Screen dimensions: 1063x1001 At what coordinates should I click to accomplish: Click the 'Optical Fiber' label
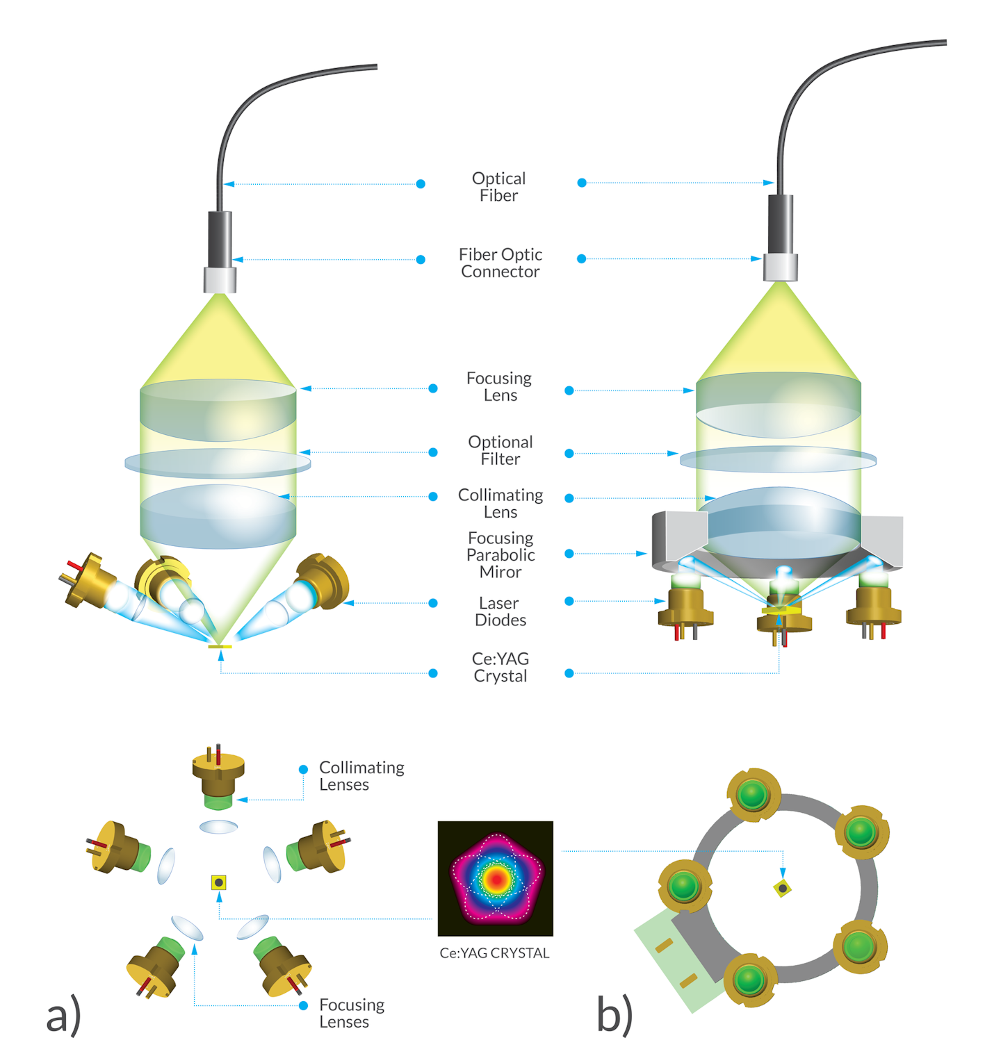pyautogui.click(x=498, y=187)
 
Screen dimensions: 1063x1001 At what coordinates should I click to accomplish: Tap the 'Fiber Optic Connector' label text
pyautogui.click(x=500, y=263)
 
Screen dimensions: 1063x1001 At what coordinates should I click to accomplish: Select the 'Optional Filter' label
pyautogui.click(x=500, y=450)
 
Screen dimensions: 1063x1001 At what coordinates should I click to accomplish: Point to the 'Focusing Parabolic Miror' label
pyautogui.click(x=500, y=554)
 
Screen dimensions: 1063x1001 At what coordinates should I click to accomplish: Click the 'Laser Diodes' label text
pyautogui.click(x=500, y=611)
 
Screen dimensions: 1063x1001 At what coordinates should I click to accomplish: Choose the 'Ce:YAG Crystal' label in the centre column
pyautogui.click(x=500, y=667)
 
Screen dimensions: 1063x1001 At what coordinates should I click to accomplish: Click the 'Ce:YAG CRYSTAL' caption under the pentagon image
pyautogui.click(x=494, y=953)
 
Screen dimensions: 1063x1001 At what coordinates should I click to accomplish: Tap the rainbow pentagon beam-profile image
pyautogui.click(x=495, y=878)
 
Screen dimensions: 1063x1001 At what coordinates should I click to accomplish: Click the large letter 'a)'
pyautogui.click(x=63, y=1015)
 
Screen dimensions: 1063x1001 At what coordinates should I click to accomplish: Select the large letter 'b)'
pyautogui.click(x=615, y=1014)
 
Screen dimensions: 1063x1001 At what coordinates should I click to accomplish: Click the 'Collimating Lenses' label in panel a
pyautogui.click(x=361, y=776)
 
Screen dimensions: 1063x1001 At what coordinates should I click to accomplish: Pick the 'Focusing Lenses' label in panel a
pyautogui.click(x=351, y=1013)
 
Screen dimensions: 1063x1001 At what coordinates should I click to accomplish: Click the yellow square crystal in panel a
pyautogui.click(x=219, y=882)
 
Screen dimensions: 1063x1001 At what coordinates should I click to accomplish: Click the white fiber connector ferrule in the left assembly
pyautogui.click(x=220, y=280)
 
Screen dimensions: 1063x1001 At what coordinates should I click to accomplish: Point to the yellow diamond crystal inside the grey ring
pyautogui.click(x=783, y=888)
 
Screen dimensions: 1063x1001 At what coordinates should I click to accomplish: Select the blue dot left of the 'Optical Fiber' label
pyautogui.click(x=421, y=184)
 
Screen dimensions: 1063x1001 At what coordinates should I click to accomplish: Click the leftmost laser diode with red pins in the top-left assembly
pyautogui.click(x=89, y=580)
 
